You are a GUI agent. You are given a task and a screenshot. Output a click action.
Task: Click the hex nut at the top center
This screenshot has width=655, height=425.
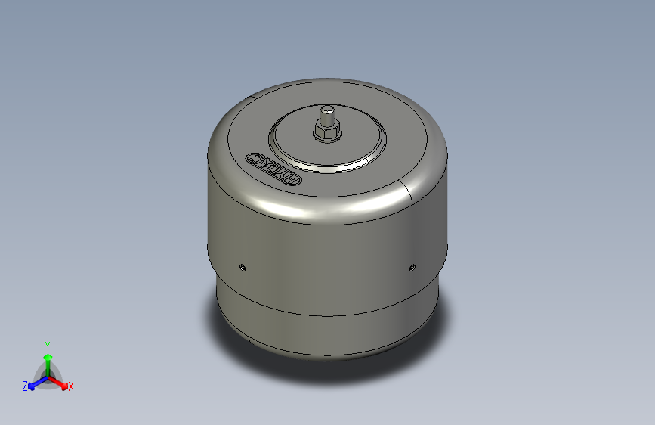coord(327,133)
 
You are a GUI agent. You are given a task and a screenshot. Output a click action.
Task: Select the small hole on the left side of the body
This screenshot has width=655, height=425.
coord(242,267)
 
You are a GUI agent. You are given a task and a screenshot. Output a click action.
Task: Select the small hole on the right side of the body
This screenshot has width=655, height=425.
coord(412,267)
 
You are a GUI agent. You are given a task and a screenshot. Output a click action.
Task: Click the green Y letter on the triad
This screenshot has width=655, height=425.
coord(48,344)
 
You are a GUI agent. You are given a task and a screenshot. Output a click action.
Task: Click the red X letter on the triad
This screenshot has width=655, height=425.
coord(71,387)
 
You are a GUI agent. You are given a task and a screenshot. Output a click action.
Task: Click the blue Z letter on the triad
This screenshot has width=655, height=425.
coord(25,386)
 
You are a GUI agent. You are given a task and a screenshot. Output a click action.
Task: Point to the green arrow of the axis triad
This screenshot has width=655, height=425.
coord(48,359)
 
